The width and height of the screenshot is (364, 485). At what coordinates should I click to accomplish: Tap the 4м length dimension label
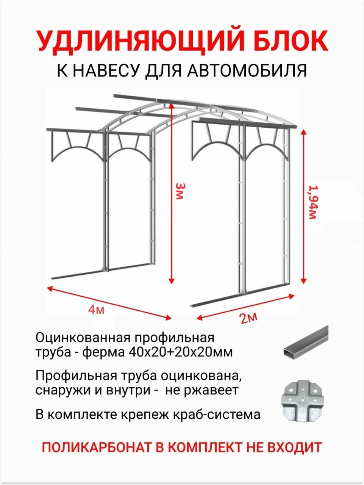[x=96, y=310]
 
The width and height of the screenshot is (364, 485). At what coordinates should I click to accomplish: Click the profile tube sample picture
[x=305, y=341]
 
